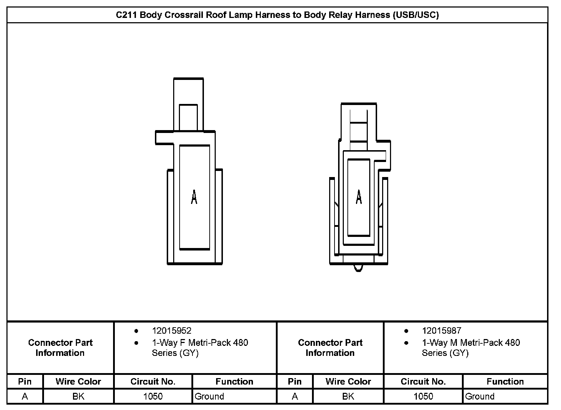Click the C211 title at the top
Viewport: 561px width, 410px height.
coord(277,15)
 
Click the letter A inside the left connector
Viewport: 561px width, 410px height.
coord(194,197)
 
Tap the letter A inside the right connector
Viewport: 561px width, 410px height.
coord(358,197)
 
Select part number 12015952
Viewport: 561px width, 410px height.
coord(171,331)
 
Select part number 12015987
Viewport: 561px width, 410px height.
coord(442,331)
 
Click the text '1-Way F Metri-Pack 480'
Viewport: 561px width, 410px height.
coord(200,343)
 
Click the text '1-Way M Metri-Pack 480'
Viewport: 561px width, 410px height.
coord(470,343)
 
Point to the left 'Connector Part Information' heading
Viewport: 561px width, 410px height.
coord(60,348)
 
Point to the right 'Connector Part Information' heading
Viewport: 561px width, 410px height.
coord(330,348)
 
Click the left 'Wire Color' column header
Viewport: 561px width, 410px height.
coord(78,381)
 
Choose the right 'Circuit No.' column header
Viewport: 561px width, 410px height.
coord(423,381)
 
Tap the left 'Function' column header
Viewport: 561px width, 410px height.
coord(234,381)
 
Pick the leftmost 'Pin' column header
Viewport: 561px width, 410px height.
coord(25,381)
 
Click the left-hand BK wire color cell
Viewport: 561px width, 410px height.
coord(78,396)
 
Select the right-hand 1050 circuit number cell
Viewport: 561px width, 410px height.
coord(423,396)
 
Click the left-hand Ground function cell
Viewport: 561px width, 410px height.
coord(209,396)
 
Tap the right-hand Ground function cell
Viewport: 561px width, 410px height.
coord(479,396)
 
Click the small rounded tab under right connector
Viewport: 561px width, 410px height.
coord(358,268)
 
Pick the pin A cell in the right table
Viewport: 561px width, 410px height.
coord(294,396)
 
